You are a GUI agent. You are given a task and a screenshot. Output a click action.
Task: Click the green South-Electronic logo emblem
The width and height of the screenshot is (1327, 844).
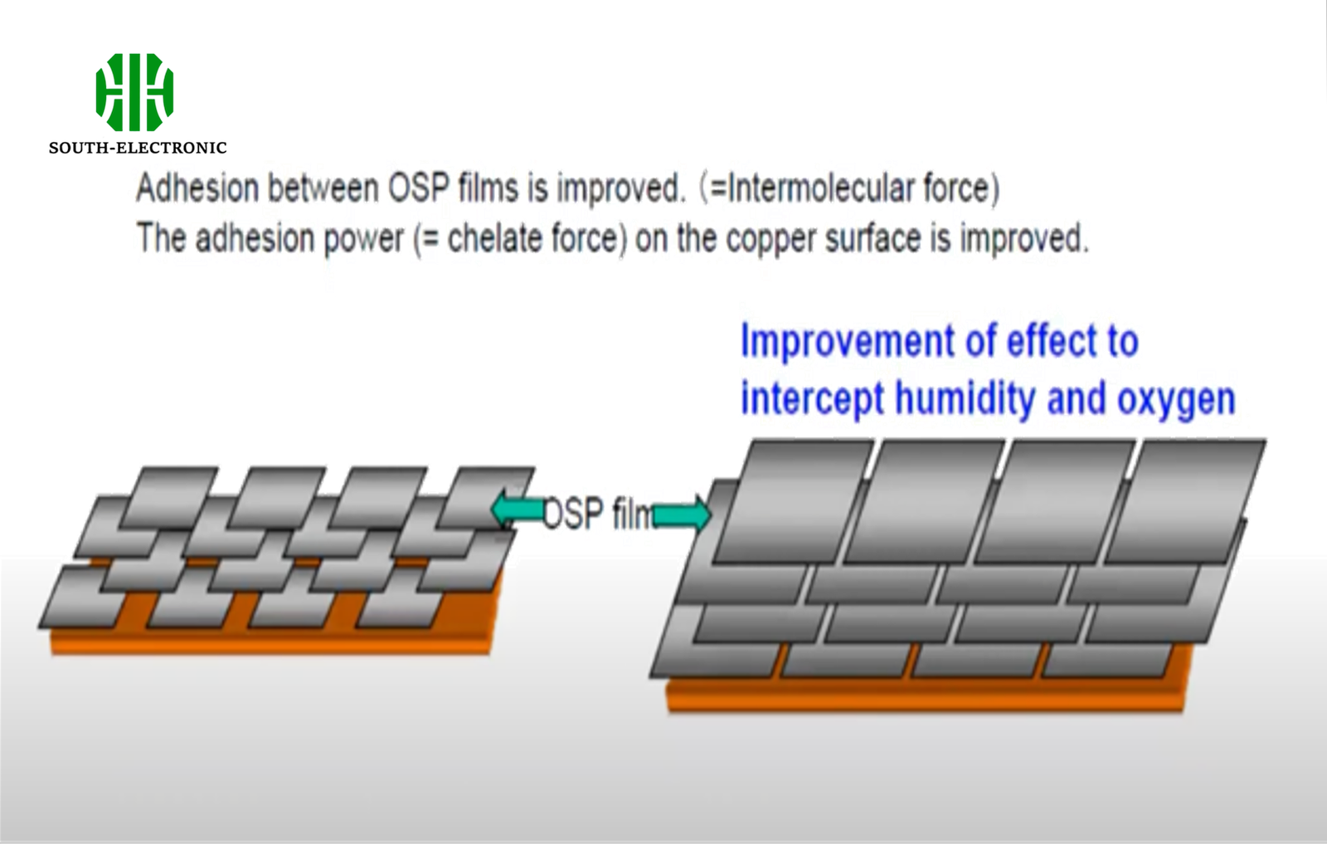(134, 92)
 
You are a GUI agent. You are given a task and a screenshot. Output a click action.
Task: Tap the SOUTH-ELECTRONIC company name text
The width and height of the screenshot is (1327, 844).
(138, 148)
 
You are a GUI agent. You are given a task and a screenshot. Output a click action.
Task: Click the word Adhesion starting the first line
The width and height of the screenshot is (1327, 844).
(197, 188)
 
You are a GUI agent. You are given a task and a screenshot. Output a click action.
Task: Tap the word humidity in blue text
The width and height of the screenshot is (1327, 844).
(965, 399)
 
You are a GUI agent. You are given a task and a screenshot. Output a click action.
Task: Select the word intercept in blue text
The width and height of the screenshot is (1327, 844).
(812, 399)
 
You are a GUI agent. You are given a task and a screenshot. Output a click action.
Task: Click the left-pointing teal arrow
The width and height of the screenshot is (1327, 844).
(516, 510)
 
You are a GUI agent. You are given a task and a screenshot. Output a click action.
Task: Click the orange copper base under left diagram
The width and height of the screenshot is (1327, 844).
(274, 642)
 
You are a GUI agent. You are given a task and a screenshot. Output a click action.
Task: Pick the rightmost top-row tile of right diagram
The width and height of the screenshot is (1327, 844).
(1186, 502)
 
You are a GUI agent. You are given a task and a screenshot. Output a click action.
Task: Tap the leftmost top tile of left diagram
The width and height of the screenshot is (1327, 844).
(170, 497)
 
